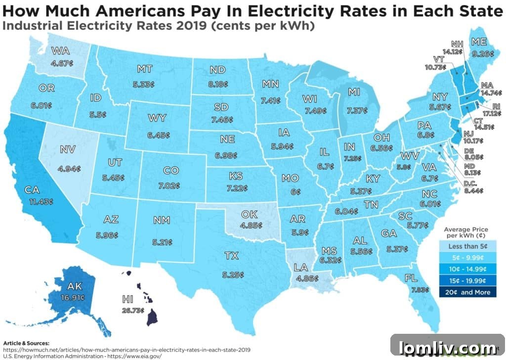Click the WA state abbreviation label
click(60, 50)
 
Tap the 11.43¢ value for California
click(42, 202)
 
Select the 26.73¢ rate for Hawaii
click(132, 311)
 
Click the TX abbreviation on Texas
click(231, 256)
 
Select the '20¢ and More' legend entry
click(466, 292)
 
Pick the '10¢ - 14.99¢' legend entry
click(466, 270)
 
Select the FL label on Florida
click(411, 278)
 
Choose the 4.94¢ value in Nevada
click(69, 169)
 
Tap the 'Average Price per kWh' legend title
click(466, 232)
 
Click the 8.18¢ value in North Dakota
click(218, 85)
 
